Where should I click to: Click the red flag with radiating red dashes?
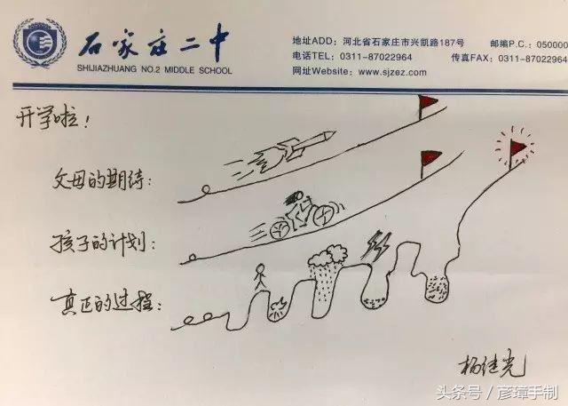click(x=515, y=146)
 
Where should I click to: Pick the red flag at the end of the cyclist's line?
click(x=431, y=160)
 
